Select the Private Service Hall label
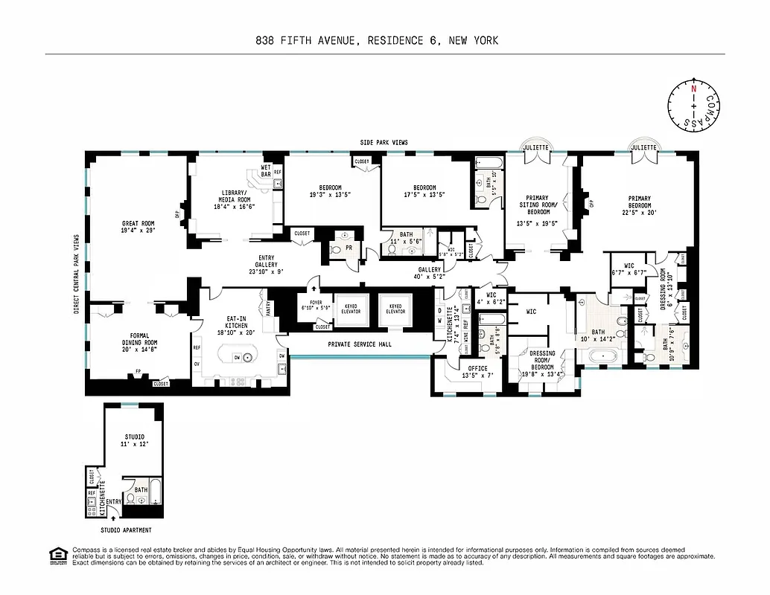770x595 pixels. (x=360, y=344)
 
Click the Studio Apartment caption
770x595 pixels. (x=126, y=530)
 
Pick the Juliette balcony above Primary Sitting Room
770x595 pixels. (x=535, y=147)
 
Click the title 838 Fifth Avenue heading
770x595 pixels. (x=376, y=41)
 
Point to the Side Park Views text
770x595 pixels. (x=384, y=143)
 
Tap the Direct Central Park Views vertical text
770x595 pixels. (x=77, y=274)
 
